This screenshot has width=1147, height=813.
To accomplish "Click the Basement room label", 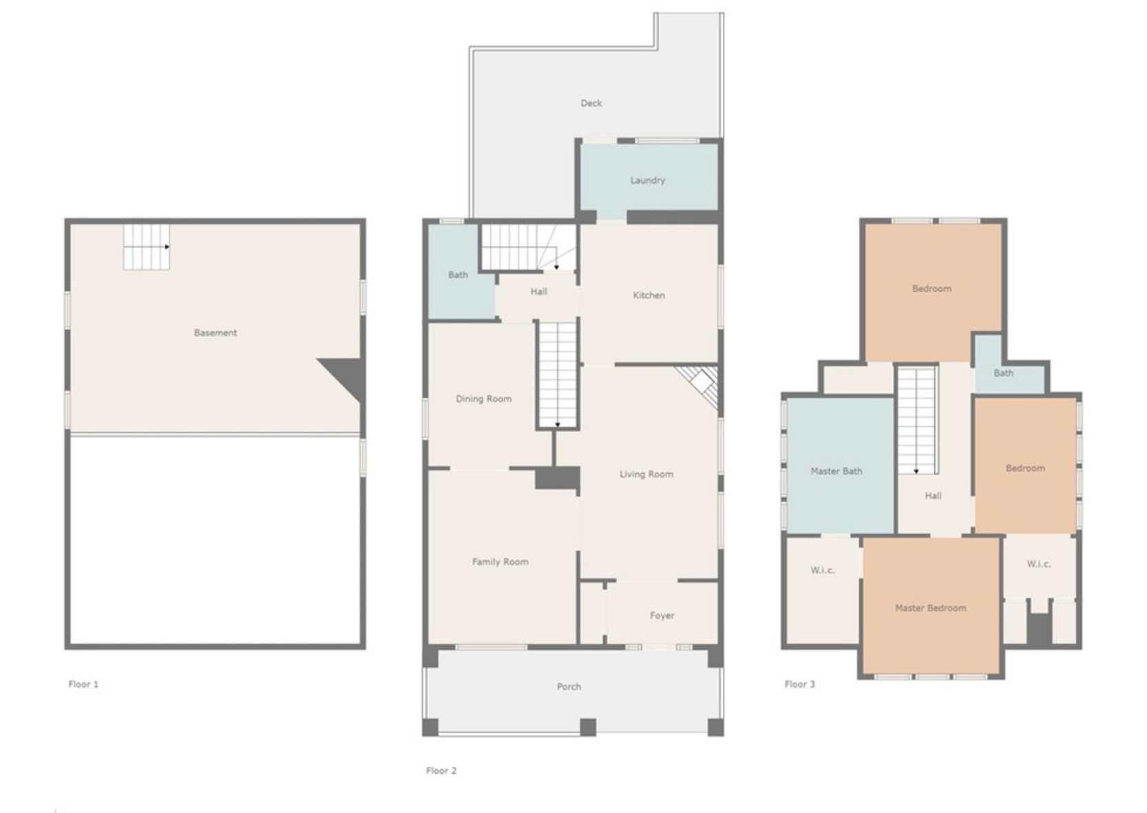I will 215,333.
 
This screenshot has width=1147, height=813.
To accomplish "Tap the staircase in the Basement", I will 147,247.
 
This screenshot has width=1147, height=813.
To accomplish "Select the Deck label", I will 591,103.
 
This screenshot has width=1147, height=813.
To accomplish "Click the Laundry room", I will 648,181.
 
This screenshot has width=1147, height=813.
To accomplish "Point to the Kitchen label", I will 649,296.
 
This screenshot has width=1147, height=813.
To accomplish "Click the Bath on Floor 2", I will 458,275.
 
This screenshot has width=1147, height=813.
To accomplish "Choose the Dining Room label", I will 483,399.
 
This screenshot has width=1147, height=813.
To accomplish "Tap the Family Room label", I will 500,562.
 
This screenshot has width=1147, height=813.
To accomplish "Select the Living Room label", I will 646,474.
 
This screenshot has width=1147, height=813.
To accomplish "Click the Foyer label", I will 662,616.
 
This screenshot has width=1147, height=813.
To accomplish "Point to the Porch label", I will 569,687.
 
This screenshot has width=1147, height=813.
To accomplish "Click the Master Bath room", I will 836,471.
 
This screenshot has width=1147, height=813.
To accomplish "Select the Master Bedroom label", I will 930,608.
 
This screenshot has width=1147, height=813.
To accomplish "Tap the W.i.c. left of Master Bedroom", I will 822,570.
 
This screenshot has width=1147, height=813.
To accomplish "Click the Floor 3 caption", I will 799,684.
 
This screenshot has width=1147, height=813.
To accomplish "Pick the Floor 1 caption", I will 83,684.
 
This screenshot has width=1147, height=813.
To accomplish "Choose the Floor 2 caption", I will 441,770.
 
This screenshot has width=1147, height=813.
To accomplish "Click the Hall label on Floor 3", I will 933,495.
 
